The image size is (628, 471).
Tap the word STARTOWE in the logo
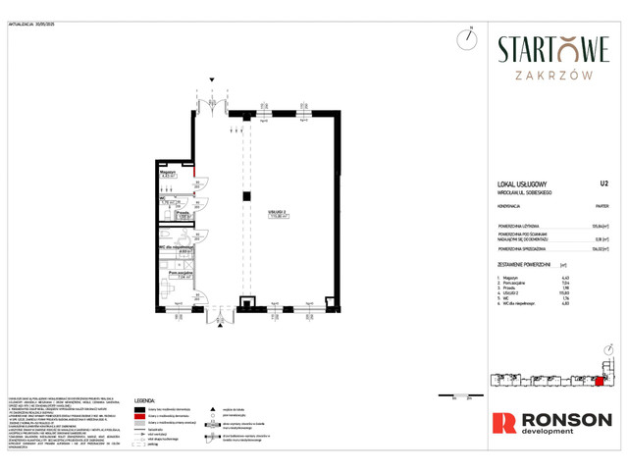[x=553, y=48]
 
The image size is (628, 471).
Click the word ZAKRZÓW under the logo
[x=553, y=73]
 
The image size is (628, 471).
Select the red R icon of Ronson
[x=503, y=422]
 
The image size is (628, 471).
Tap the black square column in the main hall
[x=246, y=197]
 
